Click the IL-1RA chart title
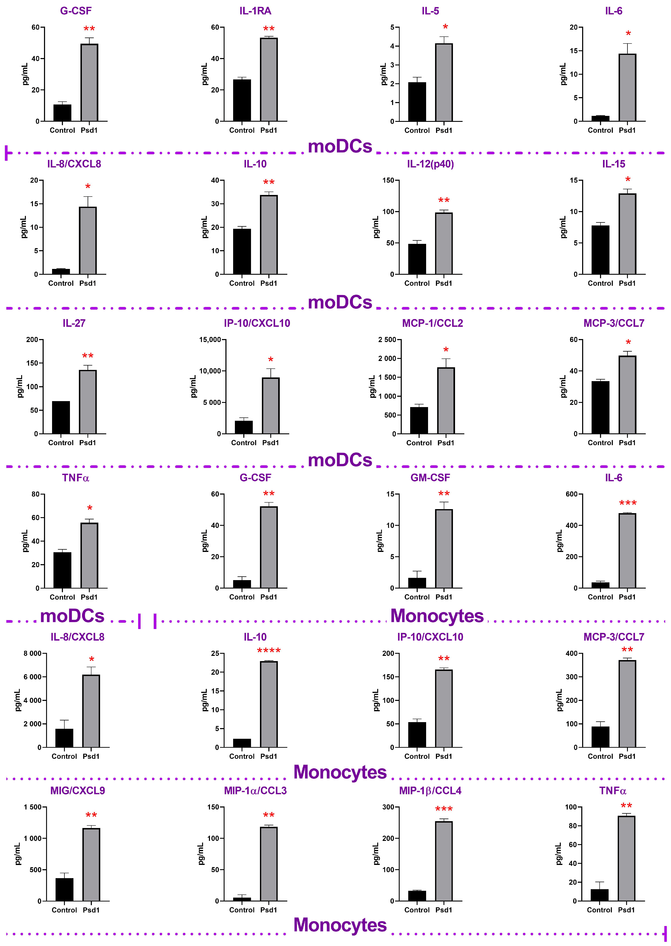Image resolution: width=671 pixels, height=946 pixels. point(255,11)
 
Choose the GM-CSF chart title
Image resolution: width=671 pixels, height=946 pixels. point(430,478)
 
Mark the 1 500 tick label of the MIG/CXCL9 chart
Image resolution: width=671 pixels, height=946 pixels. point(32,807)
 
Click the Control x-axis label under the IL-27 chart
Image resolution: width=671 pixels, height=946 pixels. point(61,443)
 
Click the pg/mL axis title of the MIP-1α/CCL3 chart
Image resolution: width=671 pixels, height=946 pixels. point(201,854)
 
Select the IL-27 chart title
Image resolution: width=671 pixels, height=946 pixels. point(74,323)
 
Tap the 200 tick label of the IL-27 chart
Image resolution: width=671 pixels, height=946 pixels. point(32,340)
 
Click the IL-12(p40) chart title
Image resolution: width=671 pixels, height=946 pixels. point(430,164)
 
